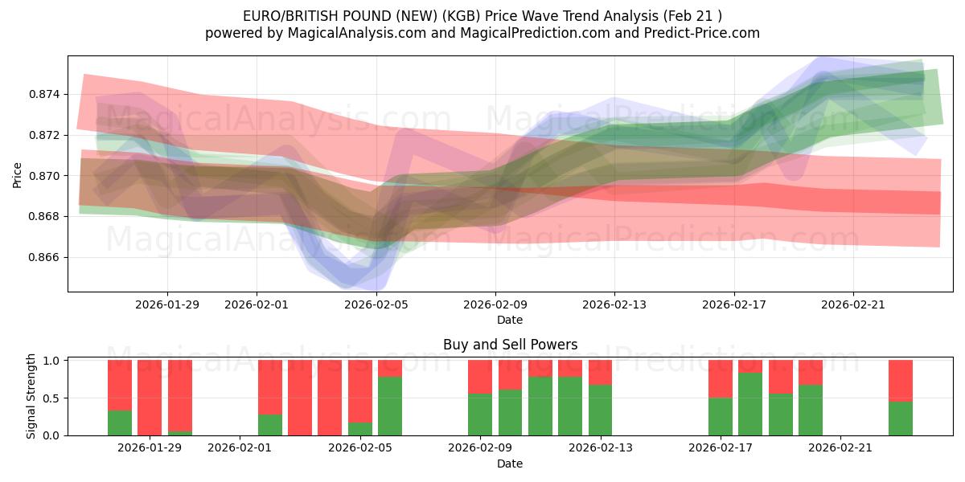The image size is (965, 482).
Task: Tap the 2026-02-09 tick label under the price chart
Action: point(495,304)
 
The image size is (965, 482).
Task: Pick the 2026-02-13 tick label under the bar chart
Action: point(601,448)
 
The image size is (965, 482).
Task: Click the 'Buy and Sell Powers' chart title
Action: point(510,345)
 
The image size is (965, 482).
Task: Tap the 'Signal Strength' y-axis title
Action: point(31,396)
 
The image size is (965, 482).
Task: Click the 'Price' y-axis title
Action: point(18,174)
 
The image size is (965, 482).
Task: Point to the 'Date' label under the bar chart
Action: point(510,464)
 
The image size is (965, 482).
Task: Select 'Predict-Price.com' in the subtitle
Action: point(697,33)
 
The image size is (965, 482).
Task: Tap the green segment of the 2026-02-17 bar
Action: point(721,416)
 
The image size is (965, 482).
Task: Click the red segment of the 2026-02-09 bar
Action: point(480,376)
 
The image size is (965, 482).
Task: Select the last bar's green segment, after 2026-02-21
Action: point(901,419)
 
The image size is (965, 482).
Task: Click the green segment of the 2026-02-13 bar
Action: point(601,410)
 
